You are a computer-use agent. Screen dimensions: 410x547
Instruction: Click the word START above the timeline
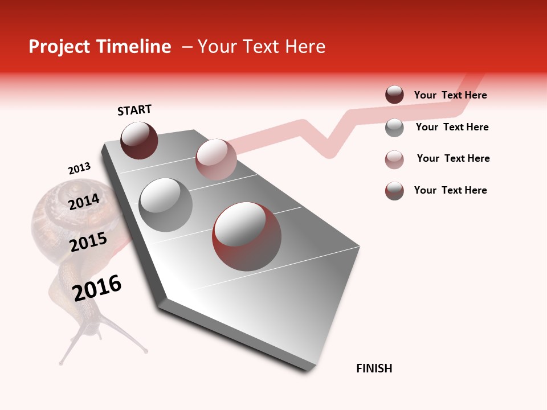coord(134,110)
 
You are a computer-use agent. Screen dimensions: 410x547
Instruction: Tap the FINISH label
coord(374,368)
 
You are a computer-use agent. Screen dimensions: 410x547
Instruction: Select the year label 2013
coord(79,169)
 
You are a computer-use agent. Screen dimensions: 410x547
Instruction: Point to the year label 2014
coord(84,202)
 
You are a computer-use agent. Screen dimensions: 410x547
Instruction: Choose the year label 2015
coord(88,242)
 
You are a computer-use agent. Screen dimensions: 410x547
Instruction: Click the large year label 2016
coord(97,288)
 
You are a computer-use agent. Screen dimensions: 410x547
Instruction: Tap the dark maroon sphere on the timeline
coord(139,140)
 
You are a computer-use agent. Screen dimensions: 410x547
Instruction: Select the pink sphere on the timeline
coord(215,159)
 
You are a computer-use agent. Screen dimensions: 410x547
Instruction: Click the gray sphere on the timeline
coord(165,205)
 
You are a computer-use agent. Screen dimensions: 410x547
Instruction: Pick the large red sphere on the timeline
coord(247,236)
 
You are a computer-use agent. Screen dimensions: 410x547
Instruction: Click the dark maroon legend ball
coord(394,95)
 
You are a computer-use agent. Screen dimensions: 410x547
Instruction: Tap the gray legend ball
coord(394,128)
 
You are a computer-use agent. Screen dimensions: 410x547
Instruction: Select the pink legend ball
coord(394,159)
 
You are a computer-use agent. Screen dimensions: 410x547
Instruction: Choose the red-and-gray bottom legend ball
coord(394,191)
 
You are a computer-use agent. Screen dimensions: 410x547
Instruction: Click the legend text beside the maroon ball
coord(450,96)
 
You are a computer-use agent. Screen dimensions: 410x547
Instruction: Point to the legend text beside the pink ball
coord(453,158)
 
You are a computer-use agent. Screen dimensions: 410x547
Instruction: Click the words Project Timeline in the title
coord(100,47)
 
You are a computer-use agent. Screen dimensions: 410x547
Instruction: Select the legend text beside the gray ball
coord(452,127)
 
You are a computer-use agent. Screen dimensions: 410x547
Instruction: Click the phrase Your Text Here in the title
coord(261,47)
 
